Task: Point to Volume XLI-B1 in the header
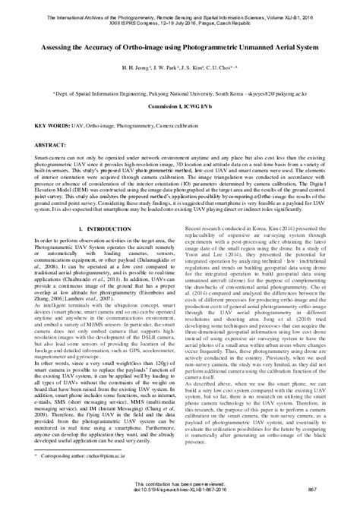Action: pyautogui.click(x=305, y=7)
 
